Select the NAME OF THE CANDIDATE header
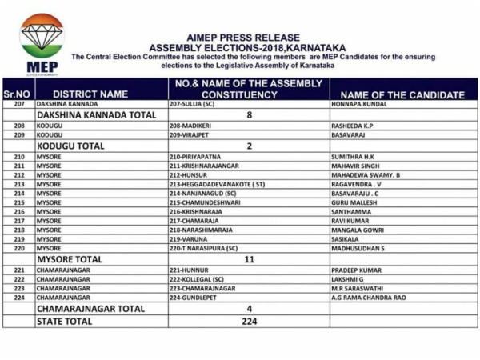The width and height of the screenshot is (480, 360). tap(403, 94)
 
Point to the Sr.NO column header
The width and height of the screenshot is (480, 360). tap(17, 94)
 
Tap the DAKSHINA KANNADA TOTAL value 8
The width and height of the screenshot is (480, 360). tap(248, 115)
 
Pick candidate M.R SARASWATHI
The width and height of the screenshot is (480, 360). tap(360, 288)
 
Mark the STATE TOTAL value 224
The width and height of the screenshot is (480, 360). tap(248, 321)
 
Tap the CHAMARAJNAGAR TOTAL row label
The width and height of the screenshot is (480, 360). tap(90, 309)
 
